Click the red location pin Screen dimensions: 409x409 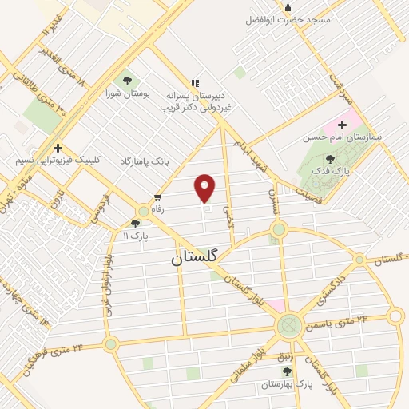click(205, 188)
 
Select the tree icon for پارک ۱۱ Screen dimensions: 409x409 click(135, 224)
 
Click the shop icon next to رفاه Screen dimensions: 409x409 click(157, 197)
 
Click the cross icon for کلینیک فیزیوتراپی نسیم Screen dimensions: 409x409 click(58, 148)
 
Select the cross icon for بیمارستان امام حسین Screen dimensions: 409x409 click(342, 125)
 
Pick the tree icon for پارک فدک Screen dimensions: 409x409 click(332, 159)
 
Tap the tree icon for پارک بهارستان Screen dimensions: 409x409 click(287, 371)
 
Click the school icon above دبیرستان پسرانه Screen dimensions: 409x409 click(194, 83)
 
